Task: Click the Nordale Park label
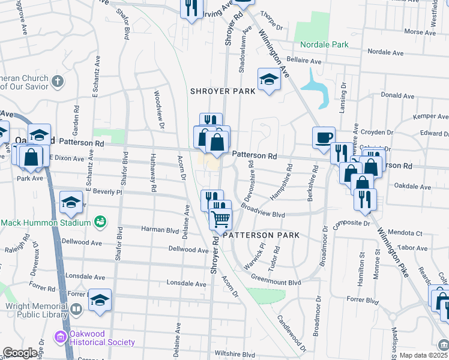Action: point(324,44)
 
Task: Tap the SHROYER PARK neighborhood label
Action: point(223,91)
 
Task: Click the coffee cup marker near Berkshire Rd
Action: point(324,137)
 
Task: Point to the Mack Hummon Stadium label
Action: point(45,223)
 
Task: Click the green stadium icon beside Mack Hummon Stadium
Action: point(100,223)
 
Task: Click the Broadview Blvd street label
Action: point(262,214)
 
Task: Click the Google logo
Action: point(20,353)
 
